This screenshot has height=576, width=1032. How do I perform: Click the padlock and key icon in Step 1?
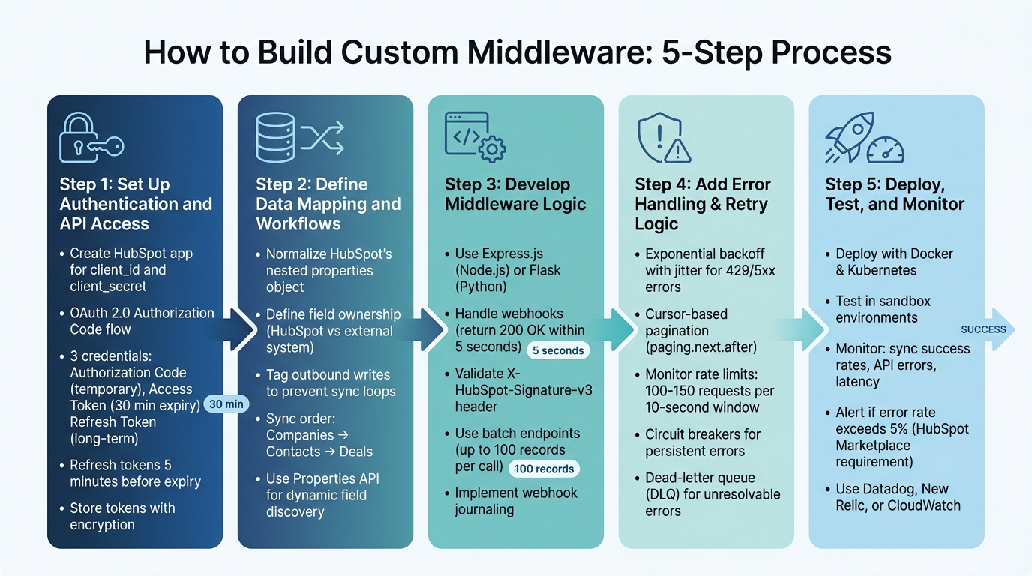pyautogui.click(x=90, y=138)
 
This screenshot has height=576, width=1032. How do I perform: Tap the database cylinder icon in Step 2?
pyautogui.click(x=275, y=138)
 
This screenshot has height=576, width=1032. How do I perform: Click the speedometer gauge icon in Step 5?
pyautogui.click(x=886, y=147)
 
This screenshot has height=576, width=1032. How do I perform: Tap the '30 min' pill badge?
pyautogui.click(x=226, y=404)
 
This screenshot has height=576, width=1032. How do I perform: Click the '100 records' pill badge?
pyautogui.click(x=544, y=469)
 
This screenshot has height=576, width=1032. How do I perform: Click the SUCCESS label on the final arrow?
pyautogui.click(x=983, y=329)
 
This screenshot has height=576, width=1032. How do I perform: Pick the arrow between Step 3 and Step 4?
pyautogui.click(x=619, y=330)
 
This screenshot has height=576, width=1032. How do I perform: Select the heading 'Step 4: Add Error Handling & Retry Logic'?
pyautogui.click(x=702, y=204)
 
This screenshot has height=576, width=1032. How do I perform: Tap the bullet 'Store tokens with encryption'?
pyautogui.click(x=122, y=517)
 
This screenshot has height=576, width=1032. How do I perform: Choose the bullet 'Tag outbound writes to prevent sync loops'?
pyautogui.click(x=328, y=382)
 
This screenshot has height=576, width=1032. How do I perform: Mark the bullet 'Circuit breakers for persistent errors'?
pyautogui.click(x=702, y=442)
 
